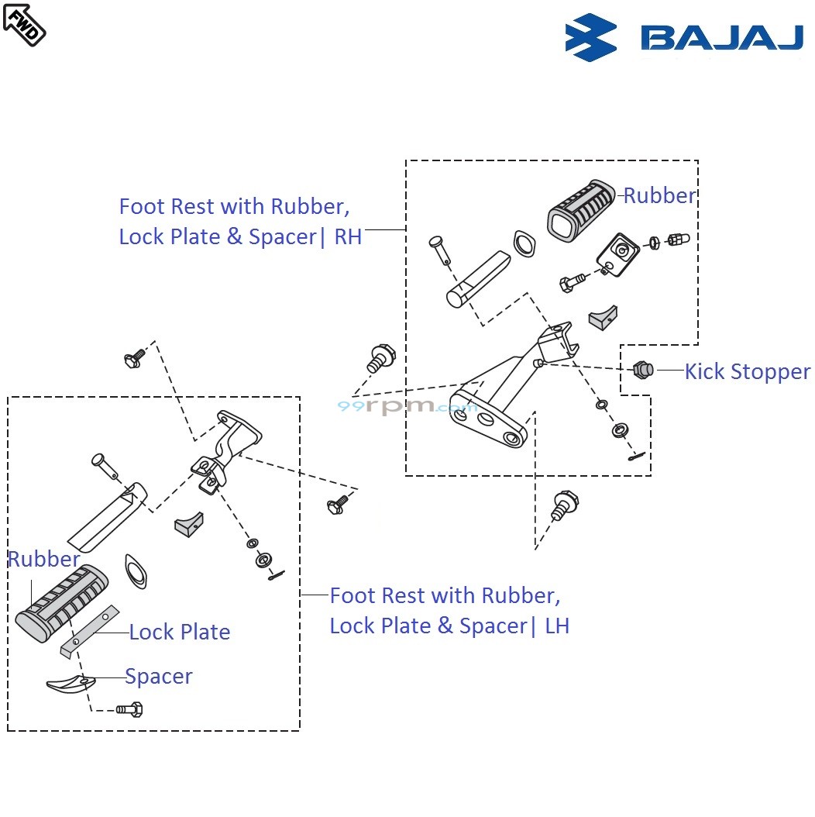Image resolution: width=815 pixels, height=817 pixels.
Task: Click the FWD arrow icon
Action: coord(24,23)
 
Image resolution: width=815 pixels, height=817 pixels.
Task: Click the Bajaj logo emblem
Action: coord(590,36)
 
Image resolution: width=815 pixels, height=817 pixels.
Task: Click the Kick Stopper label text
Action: coord(747,372)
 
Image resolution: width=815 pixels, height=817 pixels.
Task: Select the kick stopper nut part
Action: coord(642,370)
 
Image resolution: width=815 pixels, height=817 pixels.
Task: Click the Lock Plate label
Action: coord(180,633)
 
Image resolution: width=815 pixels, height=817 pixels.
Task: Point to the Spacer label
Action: coord(159,677)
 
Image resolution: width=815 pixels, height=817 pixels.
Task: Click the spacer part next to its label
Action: coord(71,683)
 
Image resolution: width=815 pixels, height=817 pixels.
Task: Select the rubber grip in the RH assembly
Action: coord(581,206)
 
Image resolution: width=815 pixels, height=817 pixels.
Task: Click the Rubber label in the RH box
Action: coord(659,196)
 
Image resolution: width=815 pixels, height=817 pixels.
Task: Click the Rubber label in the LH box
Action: coord(44,560)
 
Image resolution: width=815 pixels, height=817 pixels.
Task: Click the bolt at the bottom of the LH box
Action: coord(130,708)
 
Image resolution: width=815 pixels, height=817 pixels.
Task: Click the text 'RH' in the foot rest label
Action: coord(348,237)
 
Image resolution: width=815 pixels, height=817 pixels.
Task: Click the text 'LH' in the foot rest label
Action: coord(557,626)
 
